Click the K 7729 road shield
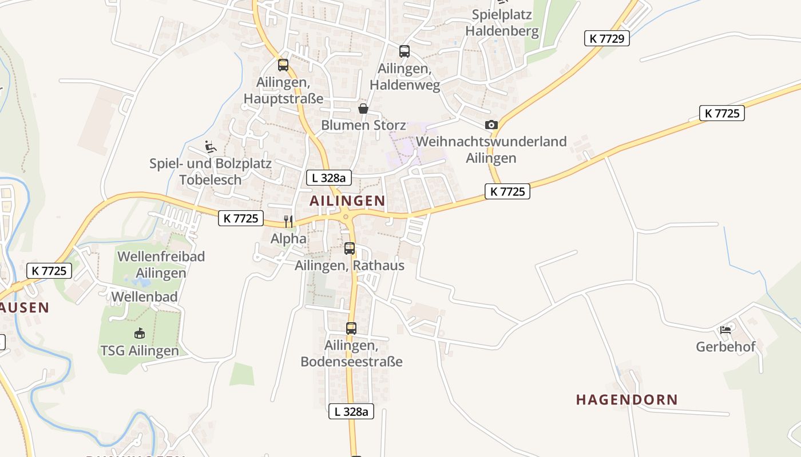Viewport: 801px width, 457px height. (606, 38)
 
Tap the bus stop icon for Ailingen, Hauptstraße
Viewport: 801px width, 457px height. (283, 65)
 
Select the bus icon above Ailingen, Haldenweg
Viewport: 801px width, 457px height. (405, 51)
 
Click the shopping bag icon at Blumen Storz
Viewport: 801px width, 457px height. (363, 109)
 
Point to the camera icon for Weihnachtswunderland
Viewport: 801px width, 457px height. (491, 125)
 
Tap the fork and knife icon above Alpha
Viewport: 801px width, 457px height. (288, 221)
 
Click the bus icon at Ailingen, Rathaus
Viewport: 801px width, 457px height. (350, 248)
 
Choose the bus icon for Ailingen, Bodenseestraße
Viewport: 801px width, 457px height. (351, 328)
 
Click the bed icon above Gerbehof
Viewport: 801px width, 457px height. (725, 330)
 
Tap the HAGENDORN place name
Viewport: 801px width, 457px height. (626, 399)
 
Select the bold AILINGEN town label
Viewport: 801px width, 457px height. (347, 201)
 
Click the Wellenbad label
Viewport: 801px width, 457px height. (144, 296)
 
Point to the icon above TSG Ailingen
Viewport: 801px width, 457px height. (139, 333)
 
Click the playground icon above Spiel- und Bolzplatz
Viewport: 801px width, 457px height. (211, 147)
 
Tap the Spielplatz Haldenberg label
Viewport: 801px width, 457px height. (502, 23)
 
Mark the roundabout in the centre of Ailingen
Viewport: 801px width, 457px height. (346, 215)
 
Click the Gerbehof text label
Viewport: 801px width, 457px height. (725, 347)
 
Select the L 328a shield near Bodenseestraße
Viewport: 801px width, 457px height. (351, 411)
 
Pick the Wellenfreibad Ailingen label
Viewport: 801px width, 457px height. (161, 264)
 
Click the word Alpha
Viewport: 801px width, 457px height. (288, 238)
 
